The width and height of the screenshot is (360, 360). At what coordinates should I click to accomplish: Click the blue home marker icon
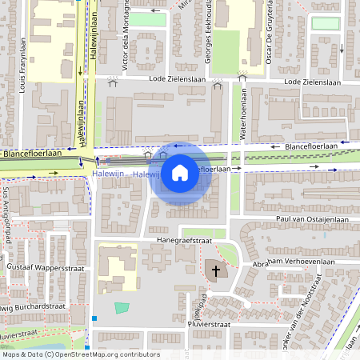click(x=180, y=172)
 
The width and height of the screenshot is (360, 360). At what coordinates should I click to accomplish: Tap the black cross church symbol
click(x=215, y=271)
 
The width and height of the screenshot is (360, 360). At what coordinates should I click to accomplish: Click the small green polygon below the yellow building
click(x=122, y=307)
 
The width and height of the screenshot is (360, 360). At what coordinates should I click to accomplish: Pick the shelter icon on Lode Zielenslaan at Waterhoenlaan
click(x=242, y=78)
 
